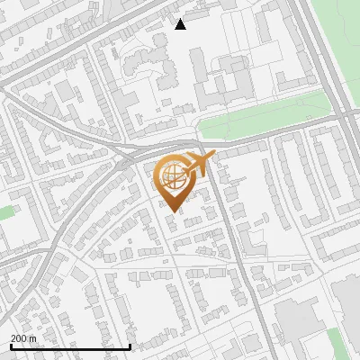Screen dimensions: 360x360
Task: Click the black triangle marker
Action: coord(181,24)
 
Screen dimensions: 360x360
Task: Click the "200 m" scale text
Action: coord(23,338)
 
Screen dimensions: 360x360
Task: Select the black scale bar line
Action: coord(70,346)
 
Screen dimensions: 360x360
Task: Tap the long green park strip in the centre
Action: coord(270,116)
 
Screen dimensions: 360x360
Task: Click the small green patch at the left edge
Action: coord(5,213)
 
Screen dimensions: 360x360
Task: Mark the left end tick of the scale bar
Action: coord(11,345)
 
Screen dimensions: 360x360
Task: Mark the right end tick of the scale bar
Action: coord(130,345)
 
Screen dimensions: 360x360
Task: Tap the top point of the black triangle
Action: coord(181,19)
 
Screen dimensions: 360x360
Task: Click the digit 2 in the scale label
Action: coord(13,338)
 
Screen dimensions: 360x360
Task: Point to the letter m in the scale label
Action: coord(32,338)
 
